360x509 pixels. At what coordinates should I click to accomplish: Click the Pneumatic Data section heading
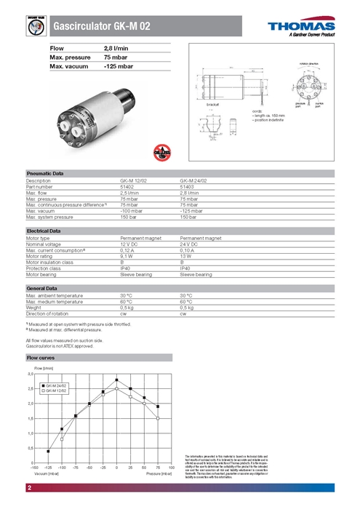pos(45,174)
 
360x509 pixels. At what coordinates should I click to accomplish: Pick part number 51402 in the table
pos(127,186)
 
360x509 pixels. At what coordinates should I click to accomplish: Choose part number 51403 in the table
pos(187,186)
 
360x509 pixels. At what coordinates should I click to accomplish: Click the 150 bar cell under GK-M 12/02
pos(128,217)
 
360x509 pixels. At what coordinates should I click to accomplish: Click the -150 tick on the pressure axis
pos(33,468)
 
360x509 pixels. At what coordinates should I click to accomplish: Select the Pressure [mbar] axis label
pos(158,473)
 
